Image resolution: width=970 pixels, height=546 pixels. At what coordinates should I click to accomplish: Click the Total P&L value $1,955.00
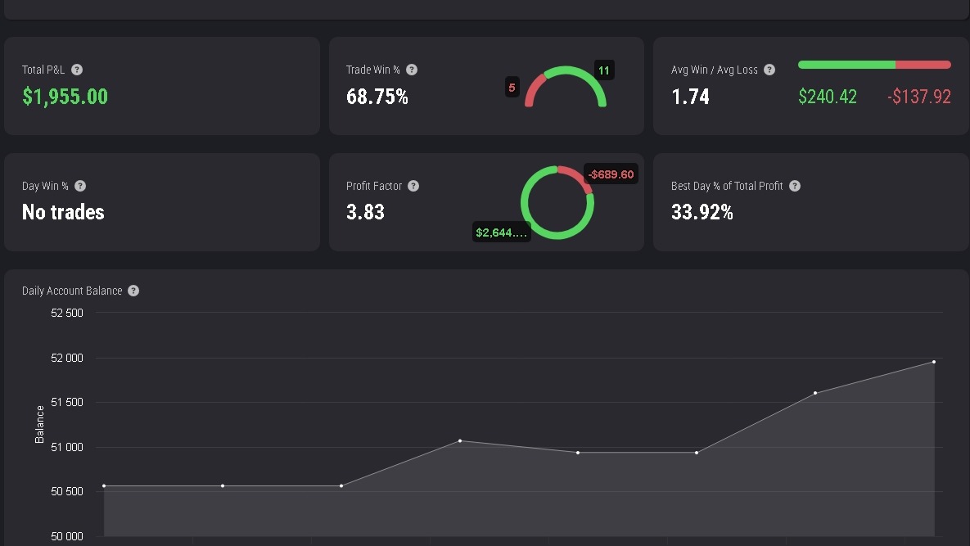[x=65, y=97]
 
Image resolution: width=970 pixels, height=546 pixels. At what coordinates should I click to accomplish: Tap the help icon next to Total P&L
[x=77, y=70]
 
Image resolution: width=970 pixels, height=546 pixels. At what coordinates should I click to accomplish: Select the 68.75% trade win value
[x=377, y=97]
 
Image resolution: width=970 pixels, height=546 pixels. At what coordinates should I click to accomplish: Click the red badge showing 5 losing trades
[x=512, y=88]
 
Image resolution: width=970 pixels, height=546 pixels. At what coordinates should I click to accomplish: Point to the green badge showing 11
[x=604, y=70]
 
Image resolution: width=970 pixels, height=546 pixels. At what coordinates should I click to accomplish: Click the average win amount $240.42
[x=828, y=97]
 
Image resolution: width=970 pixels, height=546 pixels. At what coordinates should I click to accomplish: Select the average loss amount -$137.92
[x=919, y=97]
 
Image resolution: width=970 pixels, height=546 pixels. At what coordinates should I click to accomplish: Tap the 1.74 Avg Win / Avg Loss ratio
[x=690, y=97]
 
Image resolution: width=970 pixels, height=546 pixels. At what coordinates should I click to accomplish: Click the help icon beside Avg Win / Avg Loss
[x=769, y=70]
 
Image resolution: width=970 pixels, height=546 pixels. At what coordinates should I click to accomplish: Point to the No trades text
[x=63, y=212]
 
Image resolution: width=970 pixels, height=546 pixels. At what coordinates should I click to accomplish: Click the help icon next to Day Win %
[x=80, y=186]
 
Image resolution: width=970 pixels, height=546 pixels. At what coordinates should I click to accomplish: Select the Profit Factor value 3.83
[x=366, y=212]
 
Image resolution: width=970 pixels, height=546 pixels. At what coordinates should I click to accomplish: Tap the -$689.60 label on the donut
[x=611, y=174]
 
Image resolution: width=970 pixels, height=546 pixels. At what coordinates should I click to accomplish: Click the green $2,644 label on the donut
[x=501, y=232]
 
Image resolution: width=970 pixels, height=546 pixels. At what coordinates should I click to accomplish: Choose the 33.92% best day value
[x=702, y=212]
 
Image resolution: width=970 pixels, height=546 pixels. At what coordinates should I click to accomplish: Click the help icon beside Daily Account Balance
[x=133, y=291]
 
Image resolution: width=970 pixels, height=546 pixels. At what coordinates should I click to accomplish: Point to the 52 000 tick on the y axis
[x=67, y=358]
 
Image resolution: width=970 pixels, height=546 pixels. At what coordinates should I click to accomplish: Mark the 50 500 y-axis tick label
[x=67, y=492]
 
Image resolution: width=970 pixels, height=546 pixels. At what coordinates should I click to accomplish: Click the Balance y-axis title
[x=39, y=424]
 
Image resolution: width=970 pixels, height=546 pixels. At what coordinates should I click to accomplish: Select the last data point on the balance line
[x=934, y=362]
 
